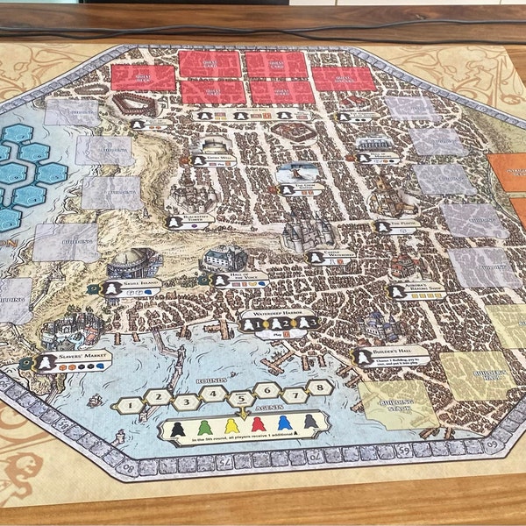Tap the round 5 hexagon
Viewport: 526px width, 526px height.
[x=241, y=396]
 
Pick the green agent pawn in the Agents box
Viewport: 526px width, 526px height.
[x=204, y=429]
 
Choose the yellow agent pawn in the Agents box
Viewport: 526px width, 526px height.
[x=231, y=426]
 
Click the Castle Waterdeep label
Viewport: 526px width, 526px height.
[x=329, y=257]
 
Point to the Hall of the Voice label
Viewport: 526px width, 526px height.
[x=238, y=280]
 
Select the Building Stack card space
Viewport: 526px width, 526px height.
[x=399, y=404]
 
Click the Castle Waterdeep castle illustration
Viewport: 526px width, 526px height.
[x=308, y=231]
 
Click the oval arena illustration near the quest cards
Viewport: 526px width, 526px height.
[x=133, y=106]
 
